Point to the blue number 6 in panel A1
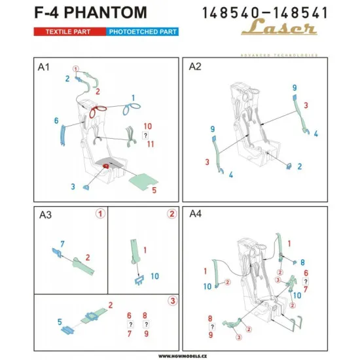pyautogui.click(x=57, y=121)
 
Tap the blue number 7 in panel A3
pyautogui.click(x=62, y=243)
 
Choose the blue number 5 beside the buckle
pyautogui.click(x=59, y=321)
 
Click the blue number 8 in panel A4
pyautogui.click(x=302, y=262)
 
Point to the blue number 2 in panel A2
pyautogui.click(x=300, y=166)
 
